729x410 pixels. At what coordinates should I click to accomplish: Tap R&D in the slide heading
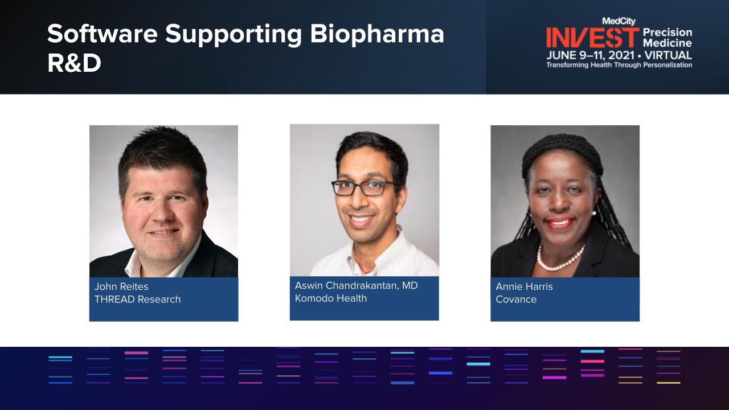(x=74, y=63)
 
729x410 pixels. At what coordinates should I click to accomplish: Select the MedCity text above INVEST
(x=619, y=21)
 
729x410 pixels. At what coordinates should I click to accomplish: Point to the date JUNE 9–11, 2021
(x=591, y=55)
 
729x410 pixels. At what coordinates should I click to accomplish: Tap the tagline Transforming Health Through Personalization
(x=619, y=65)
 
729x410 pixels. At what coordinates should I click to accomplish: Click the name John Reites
(x=121, y=286)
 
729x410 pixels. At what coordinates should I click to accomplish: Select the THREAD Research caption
(x=137, y=299)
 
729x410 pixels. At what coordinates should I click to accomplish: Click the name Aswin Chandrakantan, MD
(x=357, y=285)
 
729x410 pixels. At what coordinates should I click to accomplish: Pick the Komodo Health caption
(x=331, y=298)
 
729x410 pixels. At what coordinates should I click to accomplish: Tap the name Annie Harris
(x=524, y=286)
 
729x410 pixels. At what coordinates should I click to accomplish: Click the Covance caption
(x=516, y=300)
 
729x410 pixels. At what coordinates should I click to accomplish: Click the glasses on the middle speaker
(x=364, y=188)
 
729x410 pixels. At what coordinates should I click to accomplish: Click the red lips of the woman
(x=559, y=223)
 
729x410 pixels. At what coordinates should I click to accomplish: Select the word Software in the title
(x=103, y=34)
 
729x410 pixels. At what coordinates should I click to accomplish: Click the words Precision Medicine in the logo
(x=667, y=38)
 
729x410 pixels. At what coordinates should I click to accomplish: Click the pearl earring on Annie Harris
(x=594, y=213)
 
